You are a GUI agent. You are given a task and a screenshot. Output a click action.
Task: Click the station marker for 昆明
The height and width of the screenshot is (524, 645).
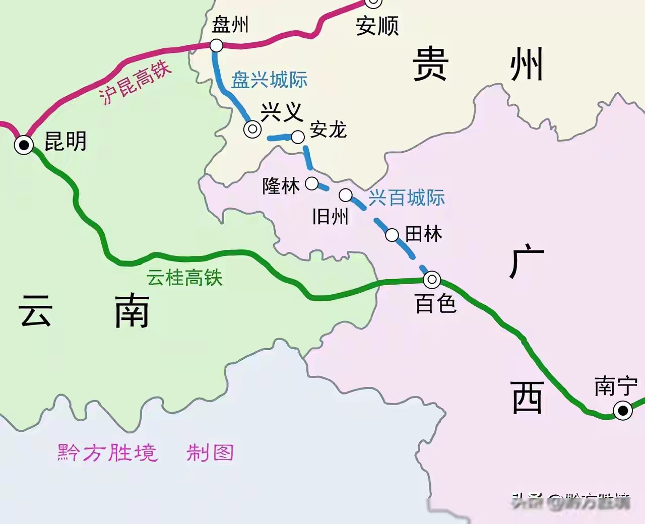(x=24, y=145)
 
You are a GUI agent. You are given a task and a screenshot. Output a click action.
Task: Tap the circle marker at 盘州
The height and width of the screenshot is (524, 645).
(x=216, y=46)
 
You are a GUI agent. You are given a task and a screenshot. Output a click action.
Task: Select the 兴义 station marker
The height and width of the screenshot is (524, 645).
(x=252, y=129)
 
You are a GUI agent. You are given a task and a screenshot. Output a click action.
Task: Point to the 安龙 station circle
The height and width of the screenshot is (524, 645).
(x=298, y=137)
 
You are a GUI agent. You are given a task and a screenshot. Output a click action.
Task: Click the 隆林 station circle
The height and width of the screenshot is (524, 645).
(x=312, y=184)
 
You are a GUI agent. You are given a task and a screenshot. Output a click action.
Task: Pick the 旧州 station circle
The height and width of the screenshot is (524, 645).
(x=346, y=195)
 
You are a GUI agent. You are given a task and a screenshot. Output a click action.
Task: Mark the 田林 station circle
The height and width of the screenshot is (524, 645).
(x=392, y=235)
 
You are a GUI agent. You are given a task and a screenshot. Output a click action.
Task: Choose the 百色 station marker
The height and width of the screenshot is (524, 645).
(x=432, y=279)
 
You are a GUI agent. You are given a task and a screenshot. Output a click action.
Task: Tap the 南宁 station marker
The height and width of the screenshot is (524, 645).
(x=623, y=411)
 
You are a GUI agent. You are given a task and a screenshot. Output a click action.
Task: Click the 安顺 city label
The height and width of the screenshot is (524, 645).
(x=377, y=26)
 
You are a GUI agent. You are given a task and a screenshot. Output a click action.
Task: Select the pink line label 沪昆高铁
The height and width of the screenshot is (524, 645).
(x=135, y=83)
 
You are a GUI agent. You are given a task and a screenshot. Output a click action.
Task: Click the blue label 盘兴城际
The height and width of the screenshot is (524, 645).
(x=269, y=80)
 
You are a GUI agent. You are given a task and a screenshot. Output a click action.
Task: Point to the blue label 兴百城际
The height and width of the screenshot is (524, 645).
(x=407, y=198)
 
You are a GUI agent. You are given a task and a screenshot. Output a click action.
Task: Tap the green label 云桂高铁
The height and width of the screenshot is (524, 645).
(x=184, y=278)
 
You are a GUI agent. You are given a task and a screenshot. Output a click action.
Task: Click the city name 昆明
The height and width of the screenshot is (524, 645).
(x=66, y=142)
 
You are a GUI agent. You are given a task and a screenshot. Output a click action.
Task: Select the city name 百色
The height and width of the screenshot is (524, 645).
(x=436, y=303)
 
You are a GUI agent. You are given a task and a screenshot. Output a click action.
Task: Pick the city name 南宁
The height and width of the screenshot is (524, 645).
(x=616, y=386)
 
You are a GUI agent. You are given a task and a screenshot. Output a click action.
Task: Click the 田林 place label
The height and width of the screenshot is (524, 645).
(x=424, y=234)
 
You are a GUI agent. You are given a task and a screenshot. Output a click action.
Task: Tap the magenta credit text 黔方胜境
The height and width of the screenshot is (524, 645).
(x=107, y=453)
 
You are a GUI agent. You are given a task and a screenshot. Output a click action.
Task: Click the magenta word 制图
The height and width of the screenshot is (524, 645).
(x=210, y=453)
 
